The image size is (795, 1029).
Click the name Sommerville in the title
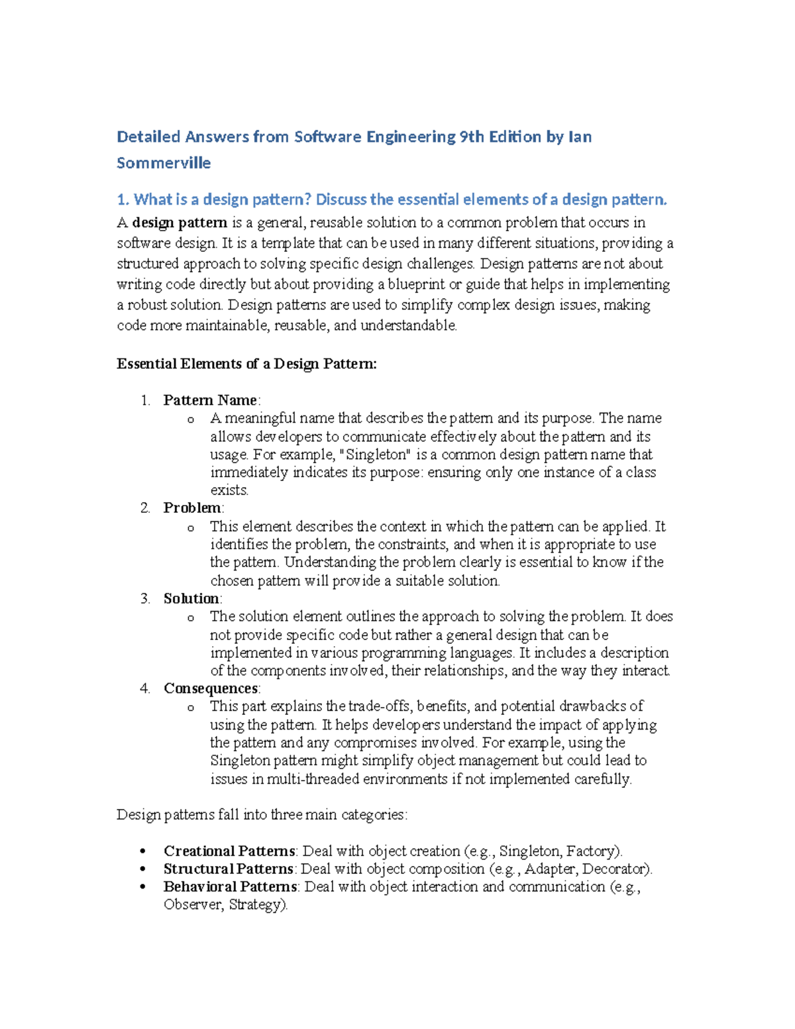tap(164, 163)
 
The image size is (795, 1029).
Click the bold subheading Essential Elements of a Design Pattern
tap(246, 364)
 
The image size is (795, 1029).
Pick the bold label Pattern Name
tap(210, 400)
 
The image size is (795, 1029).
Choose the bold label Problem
tap(192, 508)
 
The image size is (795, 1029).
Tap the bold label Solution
tap(191, 598)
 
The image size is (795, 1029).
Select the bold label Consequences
tap(211, 688)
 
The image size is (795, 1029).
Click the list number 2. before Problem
tap(145, 508)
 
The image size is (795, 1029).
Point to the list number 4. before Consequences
tap(145, 688)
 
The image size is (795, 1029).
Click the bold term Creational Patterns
tap(229, 851)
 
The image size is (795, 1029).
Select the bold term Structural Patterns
tap(229, 869)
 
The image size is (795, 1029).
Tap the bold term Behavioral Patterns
tap(231, 887)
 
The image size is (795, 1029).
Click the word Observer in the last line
tap(193, 904)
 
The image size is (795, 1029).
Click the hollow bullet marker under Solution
tap(191, 618)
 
